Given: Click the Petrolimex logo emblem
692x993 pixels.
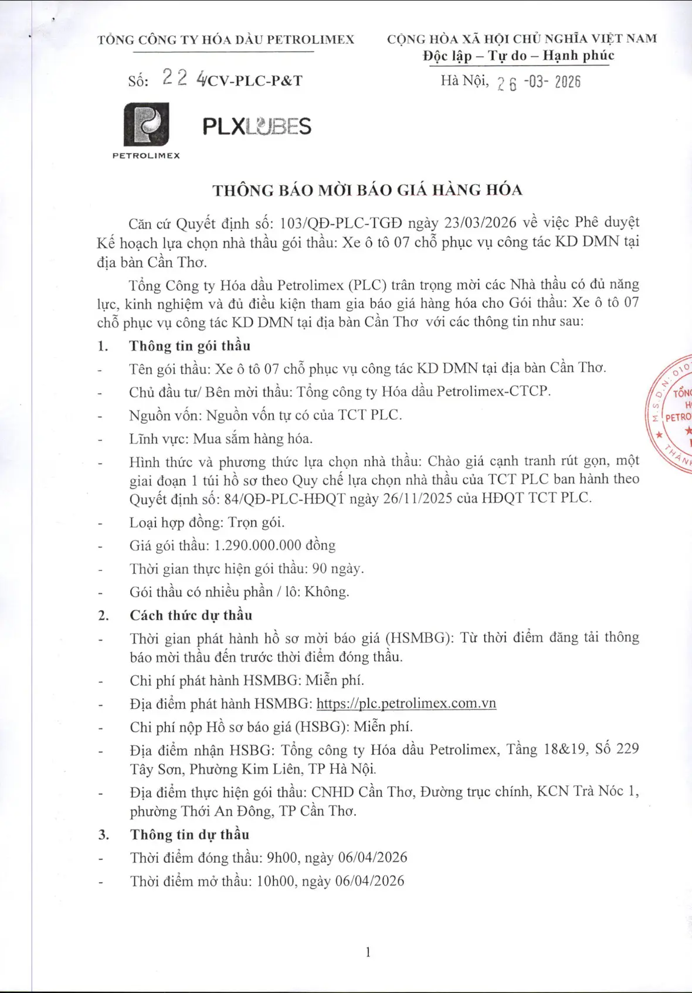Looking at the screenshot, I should point(146,124).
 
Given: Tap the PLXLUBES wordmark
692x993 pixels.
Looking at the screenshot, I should point(256,126).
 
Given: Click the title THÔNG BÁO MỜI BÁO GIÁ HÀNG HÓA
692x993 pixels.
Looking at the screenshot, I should point(367,190).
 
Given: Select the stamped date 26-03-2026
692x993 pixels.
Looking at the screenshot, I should point(538,82).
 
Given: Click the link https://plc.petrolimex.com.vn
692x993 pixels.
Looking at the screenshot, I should point(406,703).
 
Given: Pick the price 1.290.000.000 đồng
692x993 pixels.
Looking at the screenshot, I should point(274,545).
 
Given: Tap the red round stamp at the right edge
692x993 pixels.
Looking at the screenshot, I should point(671,413).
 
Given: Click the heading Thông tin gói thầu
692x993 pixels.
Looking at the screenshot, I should point(190,346).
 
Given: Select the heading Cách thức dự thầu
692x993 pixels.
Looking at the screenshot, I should point(191,615).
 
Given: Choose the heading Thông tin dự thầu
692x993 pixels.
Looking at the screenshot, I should point(190,834).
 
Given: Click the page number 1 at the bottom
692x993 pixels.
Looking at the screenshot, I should point(368,952).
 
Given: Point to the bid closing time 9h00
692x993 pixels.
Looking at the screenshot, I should point(282,858).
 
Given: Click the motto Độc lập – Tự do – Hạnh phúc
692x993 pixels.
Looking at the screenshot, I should point(518,56).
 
